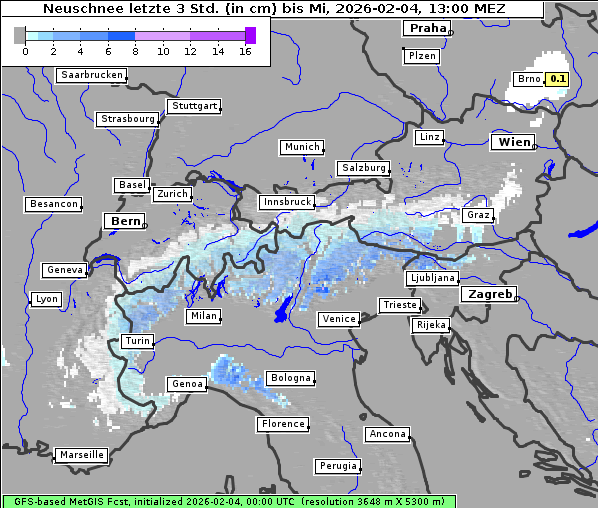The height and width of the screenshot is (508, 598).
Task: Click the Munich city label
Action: [301, 147]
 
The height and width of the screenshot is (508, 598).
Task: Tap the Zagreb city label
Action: [489, 295]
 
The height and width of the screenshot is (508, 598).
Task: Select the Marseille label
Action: [81, 455]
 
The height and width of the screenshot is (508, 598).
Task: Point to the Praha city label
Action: [427, 28]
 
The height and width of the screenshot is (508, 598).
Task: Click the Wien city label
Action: [514, 143]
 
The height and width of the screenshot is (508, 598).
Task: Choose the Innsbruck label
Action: [286, 202]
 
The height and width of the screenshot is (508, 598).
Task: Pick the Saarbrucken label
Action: [92, 75]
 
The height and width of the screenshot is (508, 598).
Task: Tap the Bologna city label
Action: [290, 378]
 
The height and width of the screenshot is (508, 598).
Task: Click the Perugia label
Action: [338, 466]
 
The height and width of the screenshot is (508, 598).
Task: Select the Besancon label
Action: [54, 204]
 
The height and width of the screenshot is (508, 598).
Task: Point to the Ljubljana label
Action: [432, 278]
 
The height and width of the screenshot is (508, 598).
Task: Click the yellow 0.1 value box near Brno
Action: [557, 79]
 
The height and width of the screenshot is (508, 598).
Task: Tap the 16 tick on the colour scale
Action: [245, 51]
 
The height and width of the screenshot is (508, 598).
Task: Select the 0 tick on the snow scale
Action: [24, 51]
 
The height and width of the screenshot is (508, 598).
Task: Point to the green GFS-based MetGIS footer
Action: [229, 501]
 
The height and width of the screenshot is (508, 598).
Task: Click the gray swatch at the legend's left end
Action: [20, 35]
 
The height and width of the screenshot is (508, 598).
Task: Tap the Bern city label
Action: [125, 220]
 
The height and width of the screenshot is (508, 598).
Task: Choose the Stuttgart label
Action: [194, 105]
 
